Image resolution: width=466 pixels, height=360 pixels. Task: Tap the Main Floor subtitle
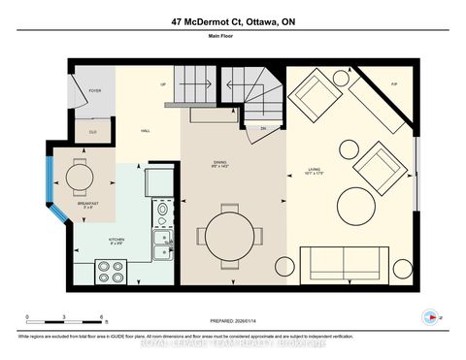point(233,42)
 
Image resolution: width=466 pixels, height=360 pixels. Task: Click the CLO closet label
point(93,133)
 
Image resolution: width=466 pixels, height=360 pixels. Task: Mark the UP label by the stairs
point(164,85)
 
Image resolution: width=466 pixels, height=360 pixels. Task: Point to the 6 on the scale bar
point(101,316)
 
